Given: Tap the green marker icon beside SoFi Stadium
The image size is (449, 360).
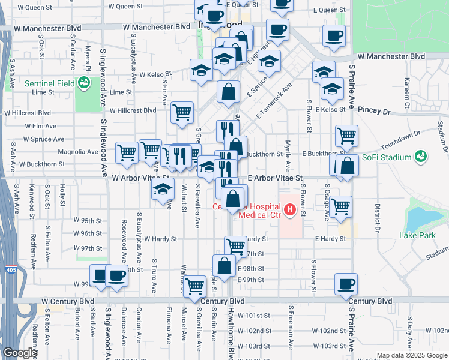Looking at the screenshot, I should point(420,157).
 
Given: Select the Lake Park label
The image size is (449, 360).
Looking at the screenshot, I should point(417,235).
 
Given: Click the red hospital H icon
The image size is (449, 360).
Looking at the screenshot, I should point(289,209).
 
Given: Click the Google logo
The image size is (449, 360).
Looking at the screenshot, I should point(19,353).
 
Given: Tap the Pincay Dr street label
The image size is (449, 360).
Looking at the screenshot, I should point(373,111).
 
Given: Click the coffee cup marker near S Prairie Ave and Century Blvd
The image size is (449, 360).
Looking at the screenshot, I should point(346,284).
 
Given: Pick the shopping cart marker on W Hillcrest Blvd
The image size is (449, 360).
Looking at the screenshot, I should point(182,112).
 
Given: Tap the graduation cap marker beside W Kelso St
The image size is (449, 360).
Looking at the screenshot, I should point(200,70).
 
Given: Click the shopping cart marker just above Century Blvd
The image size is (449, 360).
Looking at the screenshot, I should point(195,287).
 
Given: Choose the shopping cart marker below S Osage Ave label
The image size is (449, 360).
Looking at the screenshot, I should point(340,206).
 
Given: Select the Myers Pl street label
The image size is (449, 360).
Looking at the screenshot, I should point(88,61).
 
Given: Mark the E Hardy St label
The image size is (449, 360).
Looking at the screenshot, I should point(331,239).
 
